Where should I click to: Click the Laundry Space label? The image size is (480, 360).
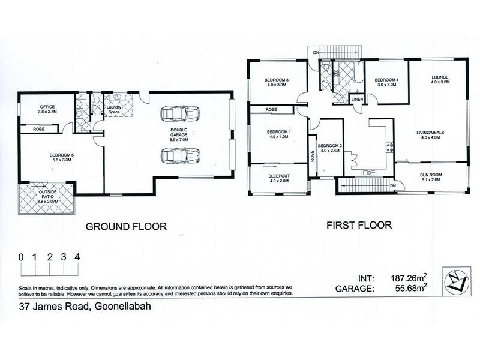pos(115,110)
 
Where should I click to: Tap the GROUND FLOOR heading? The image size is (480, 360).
pos(125,226)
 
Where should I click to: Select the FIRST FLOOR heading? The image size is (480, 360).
pos(359,226)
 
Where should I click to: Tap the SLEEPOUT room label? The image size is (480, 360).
pos(278,178)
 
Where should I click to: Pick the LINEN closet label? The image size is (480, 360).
pos(357,100)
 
